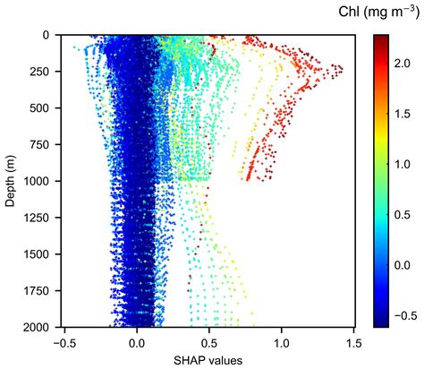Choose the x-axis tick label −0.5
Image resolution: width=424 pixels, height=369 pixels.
(x=64, y=342)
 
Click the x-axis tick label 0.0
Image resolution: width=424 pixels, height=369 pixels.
(x=137, y=342)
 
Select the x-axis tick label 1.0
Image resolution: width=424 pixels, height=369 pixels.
(x=282, y=342)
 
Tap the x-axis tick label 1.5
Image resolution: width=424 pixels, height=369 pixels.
(x=353, y=342)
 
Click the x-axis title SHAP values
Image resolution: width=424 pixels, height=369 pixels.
(x=208, y=359)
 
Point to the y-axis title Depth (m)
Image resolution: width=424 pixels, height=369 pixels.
(x=12, y=181)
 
